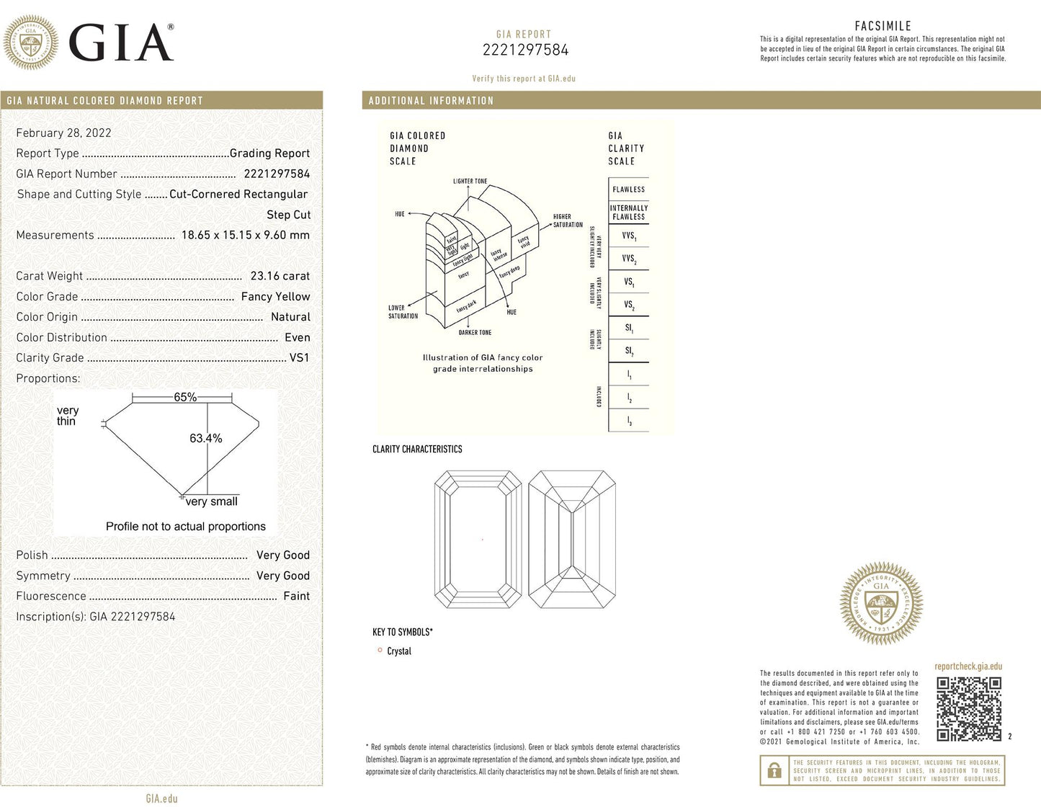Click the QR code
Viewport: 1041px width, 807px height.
point(969,709)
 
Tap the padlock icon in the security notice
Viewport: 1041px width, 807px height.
point(774,770)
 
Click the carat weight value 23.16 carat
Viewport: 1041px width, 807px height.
point(280,276)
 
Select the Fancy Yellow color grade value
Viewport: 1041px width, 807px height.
point(275,296)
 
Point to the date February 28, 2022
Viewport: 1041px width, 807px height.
point(63,133)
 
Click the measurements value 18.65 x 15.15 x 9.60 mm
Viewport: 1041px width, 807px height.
point(245,235)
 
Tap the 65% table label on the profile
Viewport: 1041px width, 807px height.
point(185,397)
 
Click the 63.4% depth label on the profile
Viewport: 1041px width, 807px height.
point(205,438)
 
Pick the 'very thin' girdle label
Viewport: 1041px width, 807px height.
point(67,416)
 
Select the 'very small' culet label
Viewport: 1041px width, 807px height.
point(211,501)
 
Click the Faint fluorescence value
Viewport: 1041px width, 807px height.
point(296,596)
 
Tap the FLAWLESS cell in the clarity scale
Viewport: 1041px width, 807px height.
point(628,190)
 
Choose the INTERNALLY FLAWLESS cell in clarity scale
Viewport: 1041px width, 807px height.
point(628,212)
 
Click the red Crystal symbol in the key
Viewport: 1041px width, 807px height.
point(380,650)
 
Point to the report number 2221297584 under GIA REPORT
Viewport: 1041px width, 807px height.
point(525,50)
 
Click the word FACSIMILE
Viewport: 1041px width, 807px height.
point(883,26)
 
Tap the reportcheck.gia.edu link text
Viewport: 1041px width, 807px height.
point(968,666)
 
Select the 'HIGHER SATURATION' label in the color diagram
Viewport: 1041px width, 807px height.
point(567,220)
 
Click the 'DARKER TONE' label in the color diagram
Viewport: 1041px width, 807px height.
point(475,333)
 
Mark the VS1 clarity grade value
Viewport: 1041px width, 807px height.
point(299,357)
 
